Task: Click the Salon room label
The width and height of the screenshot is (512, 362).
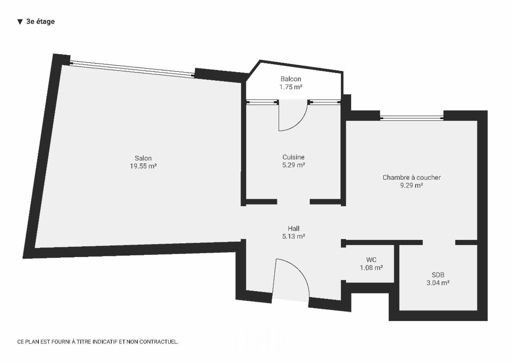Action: [x=143, y=158]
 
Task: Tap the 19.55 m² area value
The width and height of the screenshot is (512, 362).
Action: [x=143, y=166]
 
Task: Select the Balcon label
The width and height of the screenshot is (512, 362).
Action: [x=291, y=79]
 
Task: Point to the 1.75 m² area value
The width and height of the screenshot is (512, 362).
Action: [x=291, y=87]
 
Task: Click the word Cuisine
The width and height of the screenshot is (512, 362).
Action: [x=294, y=157]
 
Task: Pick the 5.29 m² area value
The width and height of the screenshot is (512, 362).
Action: [x=294, y=165]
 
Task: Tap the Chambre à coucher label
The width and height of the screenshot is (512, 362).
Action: [x=412, y=178]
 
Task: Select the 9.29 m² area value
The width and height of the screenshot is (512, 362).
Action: [x=411, y=185]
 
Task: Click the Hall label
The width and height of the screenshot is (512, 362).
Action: [x=294, y=228]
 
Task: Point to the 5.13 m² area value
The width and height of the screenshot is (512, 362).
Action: [x=294, y=236]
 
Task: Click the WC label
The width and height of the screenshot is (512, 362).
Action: [x=371, y=260]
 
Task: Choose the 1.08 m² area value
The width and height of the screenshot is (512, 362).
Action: [x=372, y=268]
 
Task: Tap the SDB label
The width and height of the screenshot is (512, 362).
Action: [x=438, y=275]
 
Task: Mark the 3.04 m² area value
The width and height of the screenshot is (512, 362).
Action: [x=438, y=283]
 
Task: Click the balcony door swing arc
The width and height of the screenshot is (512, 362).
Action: [x=299, y=123]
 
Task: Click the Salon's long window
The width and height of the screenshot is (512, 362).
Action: [x=132, y=69]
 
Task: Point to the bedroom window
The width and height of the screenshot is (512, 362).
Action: [x=412, y=118]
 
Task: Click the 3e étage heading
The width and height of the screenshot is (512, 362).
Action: [x=36, y=21]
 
